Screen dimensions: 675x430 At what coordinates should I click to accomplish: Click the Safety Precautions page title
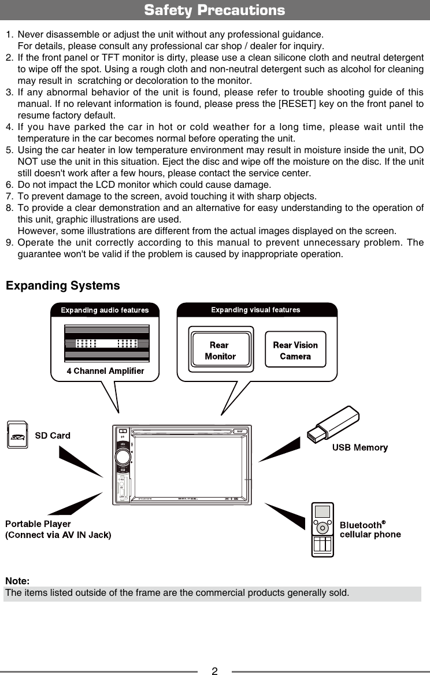click(214, 10)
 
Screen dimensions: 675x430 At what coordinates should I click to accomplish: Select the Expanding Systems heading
click(63, 286)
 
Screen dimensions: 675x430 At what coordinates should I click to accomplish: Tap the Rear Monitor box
click(220, 351)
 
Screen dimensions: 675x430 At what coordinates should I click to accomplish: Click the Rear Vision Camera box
click(295, 351)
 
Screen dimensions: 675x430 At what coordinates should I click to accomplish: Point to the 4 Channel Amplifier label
click(105, 371)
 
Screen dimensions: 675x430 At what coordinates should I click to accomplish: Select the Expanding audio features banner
click(105, 310)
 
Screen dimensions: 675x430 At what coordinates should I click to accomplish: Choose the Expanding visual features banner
click(255, 310)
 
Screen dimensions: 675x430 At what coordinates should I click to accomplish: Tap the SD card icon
click(18, 435)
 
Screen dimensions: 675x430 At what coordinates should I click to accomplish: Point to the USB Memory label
click(359, 447)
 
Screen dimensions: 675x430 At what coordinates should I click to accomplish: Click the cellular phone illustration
click(322, 529)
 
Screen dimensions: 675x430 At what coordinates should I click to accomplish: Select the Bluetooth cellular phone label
click(370, 530)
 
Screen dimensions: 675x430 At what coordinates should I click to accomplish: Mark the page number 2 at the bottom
click(214, 671)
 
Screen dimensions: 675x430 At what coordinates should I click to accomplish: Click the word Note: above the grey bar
click(18, 581)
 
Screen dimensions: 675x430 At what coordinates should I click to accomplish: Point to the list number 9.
click(9, 243)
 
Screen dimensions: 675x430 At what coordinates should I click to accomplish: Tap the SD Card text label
click(53, 436)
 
